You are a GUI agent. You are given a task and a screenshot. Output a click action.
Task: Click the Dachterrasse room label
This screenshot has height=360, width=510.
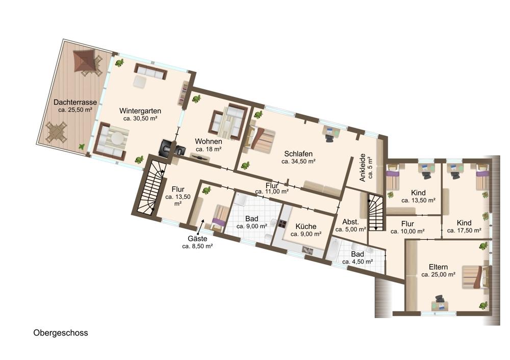click(75, 102)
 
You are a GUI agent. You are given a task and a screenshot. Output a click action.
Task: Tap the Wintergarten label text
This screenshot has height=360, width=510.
click(140, 111)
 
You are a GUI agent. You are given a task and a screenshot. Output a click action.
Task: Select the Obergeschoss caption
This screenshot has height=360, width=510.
click(61, 333)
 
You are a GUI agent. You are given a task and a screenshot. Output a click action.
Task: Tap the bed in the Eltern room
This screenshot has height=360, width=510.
click(475, 277)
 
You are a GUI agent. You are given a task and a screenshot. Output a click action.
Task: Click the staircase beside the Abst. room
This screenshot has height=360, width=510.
click(376, 212)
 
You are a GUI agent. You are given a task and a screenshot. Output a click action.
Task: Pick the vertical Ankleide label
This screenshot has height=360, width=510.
click(366, 167)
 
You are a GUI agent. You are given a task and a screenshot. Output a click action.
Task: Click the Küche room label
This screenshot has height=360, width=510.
click(305, 226)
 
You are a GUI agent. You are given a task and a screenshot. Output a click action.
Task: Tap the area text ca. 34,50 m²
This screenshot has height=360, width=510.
click(298, 161)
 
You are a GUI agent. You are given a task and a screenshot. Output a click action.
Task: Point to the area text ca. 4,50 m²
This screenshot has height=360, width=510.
click(358, 262)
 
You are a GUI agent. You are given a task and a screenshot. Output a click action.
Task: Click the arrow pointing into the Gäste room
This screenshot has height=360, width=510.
click(202, 224)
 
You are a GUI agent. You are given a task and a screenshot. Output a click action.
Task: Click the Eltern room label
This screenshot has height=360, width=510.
click(438, 267)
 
